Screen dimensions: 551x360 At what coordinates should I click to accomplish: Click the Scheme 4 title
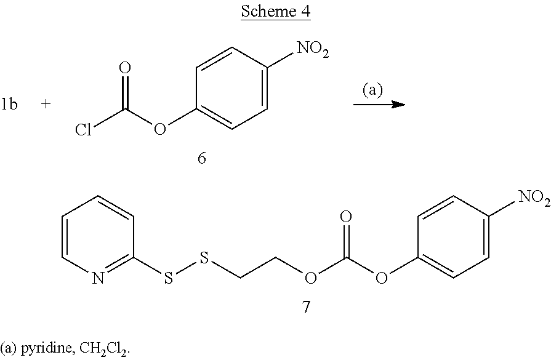(x=276, y=11)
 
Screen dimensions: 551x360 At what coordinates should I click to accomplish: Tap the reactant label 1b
(x=9, y=104)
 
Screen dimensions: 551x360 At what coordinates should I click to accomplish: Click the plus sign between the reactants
(x=46, y=104)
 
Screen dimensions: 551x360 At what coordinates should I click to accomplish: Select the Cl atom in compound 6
(x=83, y=130)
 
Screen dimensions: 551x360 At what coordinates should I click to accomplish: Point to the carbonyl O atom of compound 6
(x=125, y=68)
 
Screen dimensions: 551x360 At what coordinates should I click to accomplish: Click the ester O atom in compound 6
(x=160, y=129)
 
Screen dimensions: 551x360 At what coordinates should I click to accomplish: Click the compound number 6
(x=201, y=158)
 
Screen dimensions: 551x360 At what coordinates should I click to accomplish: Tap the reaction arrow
(x=379, y=105)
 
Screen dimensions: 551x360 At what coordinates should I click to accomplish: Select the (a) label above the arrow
(x=372, y=90)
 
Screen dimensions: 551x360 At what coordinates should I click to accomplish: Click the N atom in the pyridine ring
(x=99, y=279)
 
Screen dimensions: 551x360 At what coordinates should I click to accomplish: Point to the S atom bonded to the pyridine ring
(x=169, y=279)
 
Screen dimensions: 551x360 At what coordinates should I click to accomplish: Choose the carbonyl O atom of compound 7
(x=346, y=217)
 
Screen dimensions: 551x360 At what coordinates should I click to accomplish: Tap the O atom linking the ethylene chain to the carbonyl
(x=311, y=279)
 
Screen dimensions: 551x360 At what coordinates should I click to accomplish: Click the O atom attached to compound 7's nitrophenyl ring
(x=382, y=279)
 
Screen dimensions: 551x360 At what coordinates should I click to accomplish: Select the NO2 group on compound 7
(x=534, y=198)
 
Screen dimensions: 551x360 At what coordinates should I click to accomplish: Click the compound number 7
(x=307, y=307)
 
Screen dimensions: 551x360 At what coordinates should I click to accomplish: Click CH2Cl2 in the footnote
(x=104, y=349)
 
